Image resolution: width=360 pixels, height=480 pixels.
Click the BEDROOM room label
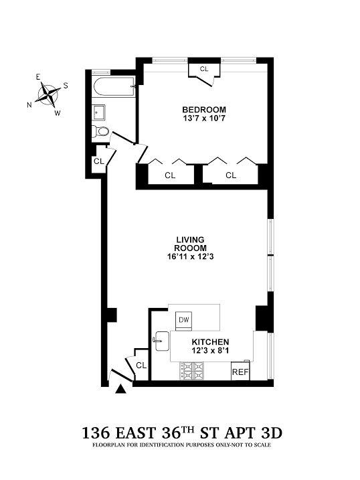click(204, 109)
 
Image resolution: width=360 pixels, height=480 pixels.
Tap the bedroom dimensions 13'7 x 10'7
click(204, 119)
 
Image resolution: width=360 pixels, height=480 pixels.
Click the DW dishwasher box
click(184, 320)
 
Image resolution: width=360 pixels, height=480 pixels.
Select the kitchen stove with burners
click(194, 371)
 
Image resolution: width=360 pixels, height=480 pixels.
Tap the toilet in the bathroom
click(101, 131)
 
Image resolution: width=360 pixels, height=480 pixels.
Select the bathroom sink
click(98, 111)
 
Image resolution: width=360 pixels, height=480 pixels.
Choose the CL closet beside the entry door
click(141, 365)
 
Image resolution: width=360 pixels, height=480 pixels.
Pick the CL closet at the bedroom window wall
click(204, 69)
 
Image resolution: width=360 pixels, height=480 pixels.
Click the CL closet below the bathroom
click(98, 161)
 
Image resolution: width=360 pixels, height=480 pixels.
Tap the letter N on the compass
click(29, 104)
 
